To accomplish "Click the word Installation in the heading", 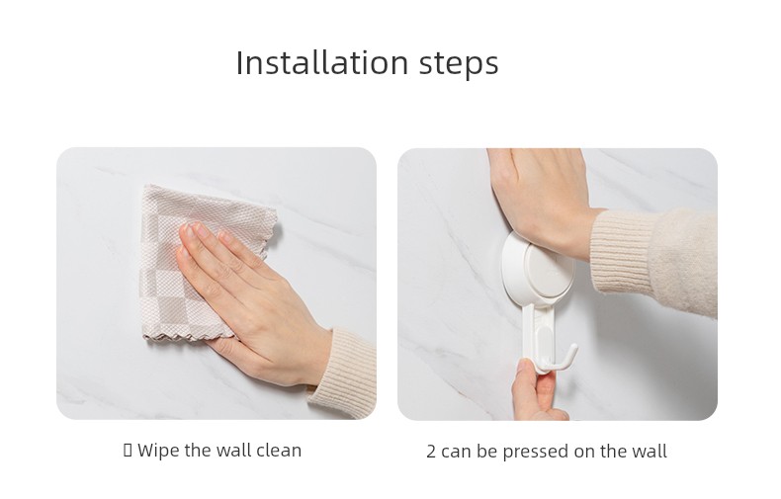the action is tap(322, 63).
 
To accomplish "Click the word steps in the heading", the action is tap(459, 64).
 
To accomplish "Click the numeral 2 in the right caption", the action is tap(431, 452).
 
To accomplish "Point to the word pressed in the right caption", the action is tap(536, 453).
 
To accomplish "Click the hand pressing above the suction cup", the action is tap(543, 200).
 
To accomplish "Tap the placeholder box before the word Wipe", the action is tap(128, 451).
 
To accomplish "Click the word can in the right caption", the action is tap(456, 453).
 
